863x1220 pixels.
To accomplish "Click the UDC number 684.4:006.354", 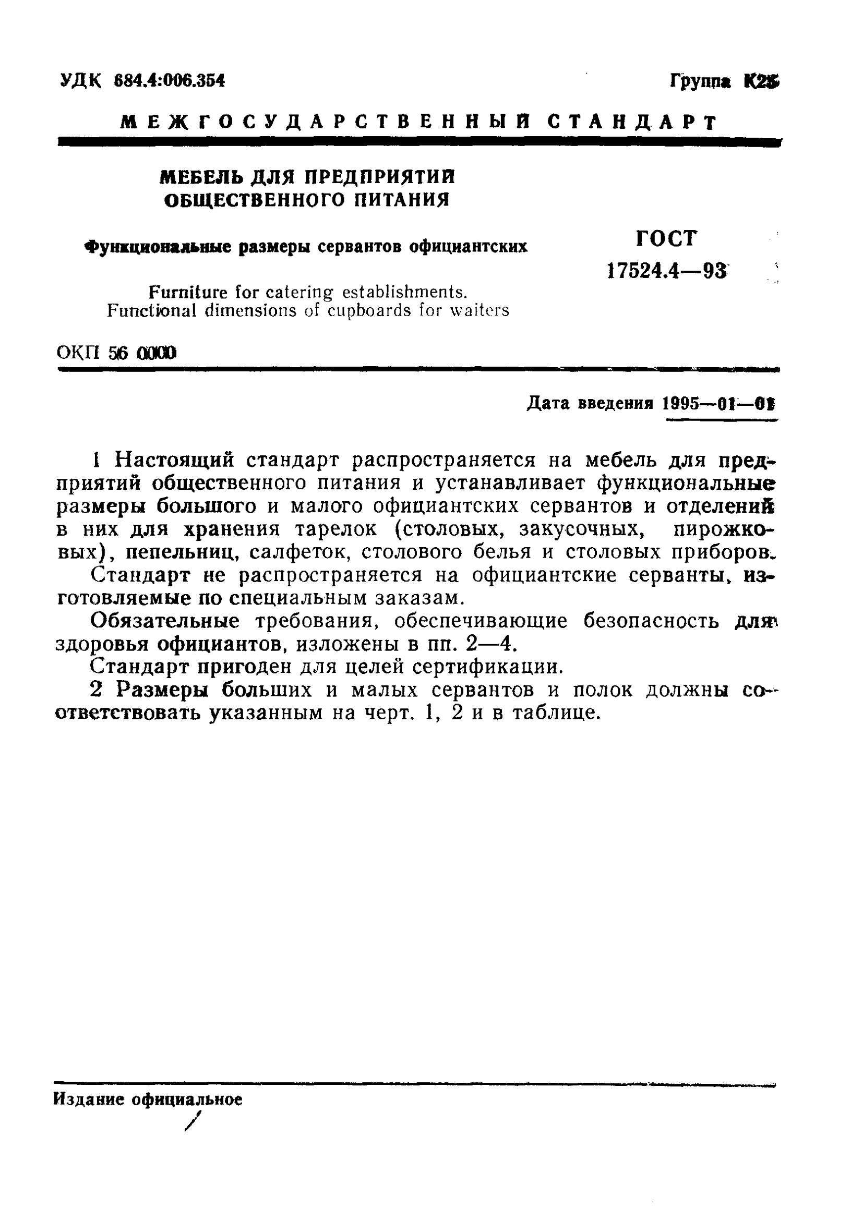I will click(170, 81).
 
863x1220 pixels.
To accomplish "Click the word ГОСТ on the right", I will click(666, 238).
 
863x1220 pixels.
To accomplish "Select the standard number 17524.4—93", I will click(666, 271).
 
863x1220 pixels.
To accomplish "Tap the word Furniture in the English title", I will click(189, 292).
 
